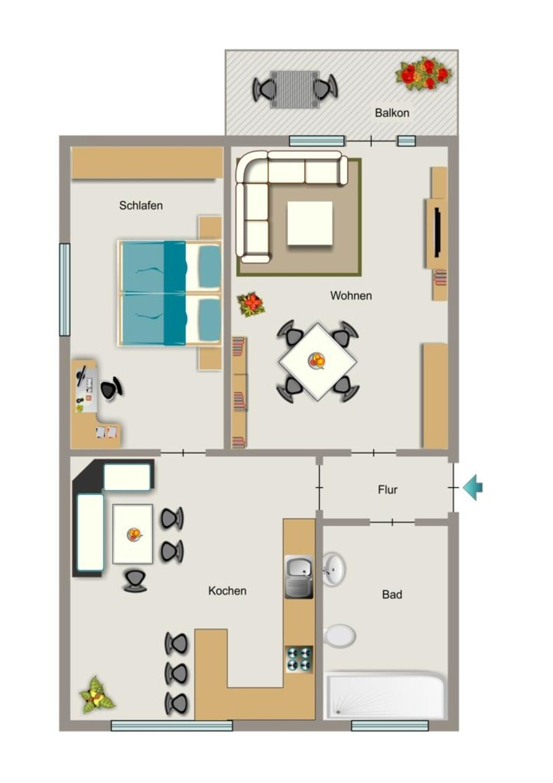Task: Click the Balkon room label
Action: coord(392,113)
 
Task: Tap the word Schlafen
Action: coord(141,205)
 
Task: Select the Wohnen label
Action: coord(350,296)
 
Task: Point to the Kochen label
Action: coord(227,591)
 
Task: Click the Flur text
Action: coord(388,490)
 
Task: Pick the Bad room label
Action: coord(392,595)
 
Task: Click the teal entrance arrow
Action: coord(473,487)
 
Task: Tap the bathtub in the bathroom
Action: coord(385,696)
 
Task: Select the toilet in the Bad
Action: coord(339,636)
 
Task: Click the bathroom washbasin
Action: coord(333,569)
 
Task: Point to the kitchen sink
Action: coord(299,577)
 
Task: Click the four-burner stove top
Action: coord(299,658)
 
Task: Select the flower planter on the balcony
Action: coord(424,73)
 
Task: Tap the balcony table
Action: coord(294,89)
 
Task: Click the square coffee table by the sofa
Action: coord(310,223)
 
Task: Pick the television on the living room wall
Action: coord(438,233)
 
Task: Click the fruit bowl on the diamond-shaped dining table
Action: coord(317,359)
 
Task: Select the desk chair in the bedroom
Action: coord(112,388)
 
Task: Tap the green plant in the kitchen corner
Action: coord(97,694)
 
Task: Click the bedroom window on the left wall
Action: coord(65,290)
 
